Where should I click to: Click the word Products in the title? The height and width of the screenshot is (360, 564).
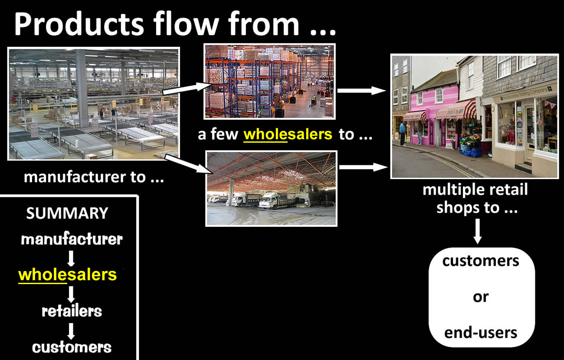click(79, 24)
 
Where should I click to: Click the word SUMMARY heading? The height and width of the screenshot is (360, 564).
click(67, 213)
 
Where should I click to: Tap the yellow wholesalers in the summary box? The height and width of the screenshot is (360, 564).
click(68, 275)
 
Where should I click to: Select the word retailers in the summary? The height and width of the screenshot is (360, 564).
click(72, 311)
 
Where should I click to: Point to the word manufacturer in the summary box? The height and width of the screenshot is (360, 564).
click(72, 239)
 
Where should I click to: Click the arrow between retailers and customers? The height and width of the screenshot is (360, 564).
click(71, 331)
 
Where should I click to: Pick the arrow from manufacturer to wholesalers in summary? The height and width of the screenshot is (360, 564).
click(71, 259)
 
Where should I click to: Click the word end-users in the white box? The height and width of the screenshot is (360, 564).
click(481, 333)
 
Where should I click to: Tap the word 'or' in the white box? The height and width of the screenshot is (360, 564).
click(481, 297)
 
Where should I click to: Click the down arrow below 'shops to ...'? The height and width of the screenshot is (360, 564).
click(477, 231)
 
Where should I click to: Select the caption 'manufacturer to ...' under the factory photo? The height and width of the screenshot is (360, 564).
click(94, 177)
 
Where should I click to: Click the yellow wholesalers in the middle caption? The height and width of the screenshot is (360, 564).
click(288, 134)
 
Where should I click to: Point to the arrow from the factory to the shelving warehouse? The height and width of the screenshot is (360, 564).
click(187, 88)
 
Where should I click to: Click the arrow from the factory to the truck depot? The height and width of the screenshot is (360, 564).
click(188, 164)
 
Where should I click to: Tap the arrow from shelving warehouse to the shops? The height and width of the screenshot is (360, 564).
click(361, 91)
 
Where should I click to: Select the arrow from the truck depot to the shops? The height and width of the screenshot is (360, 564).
click(363, 167)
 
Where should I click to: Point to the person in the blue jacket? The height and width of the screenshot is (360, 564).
click(403, 134)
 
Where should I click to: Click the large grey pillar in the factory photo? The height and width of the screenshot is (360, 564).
click(82, 88)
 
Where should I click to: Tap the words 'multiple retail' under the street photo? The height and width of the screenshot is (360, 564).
click(475, 189)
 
